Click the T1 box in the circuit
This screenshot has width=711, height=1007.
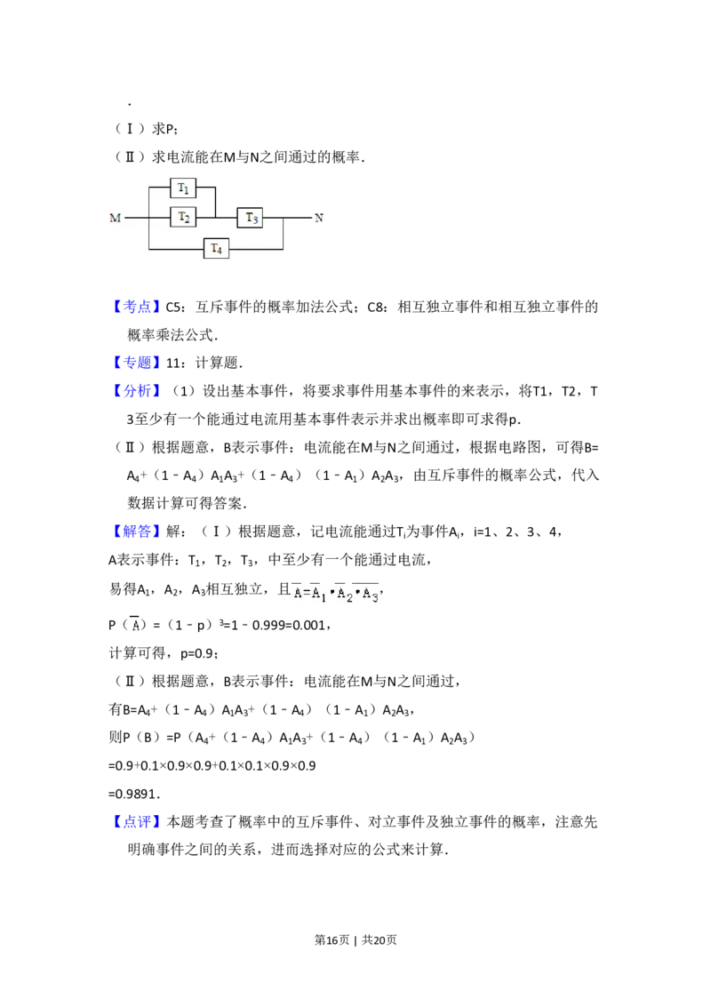[x=183, y=188]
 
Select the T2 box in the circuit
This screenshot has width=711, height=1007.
[x=183, y=217]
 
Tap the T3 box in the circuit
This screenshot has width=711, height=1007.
[x=251, y=217]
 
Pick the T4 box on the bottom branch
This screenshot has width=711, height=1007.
[x=216, y=248]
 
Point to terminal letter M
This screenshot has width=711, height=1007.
[x=115, y=218]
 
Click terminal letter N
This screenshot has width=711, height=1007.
[x=319, y=218]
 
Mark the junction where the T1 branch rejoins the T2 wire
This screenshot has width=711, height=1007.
[x=216, y=217]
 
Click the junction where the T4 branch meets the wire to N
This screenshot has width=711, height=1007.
[x=283, y=217]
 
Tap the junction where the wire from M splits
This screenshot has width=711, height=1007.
[x=148, y=217]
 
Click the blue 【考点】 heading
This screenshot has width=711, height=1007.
[x=138, y=308]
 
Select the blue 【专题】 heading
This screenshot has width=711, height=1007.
[x=138, y=362]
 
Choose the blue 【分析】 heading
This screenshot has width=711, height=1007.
[x=138, y=390]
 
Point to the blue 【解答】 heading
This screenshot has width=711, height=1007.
[x=138, y=531]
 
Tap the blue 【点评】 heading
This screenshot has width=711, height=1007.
[x=138, y=821]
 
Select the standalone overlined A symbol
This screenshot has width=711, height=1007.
[x=135, y=624]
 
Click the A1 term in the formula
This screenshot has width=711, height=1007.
[x=319, y=595]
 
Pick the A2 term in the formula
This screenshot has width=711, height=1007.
[x=345, y=595]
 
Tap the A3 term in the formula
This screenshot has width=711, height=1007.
[x=371, y=595]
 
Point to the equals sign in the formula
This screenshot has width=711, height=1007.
[x=306, y=594]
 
